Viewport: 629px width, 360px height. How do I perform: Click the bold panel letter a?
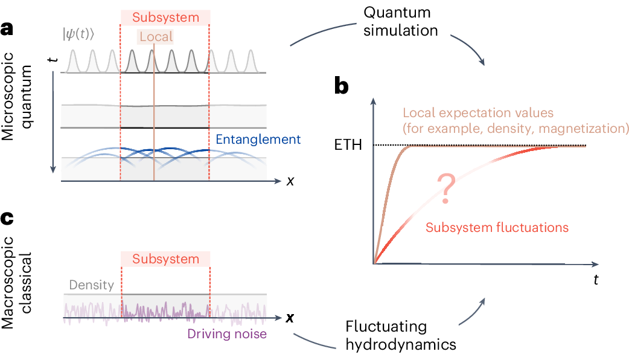click(x=8, y=28)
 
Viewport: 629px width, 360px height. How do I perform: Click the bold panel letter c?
click(x=8, y=219)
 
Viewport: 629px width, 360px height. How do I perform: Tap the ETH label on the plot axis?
click(x=350, y=146)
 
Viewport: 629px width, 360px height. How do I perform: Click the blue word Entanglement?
click(x=258, y=140)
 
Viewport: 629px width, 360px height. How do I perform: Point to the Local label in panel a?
click(x=156, y=37)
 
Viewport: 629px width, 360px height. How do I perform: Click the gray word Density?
click(x=91, y=285)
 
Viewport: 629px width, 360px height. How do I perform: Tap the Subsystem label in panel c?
click(x=165, y=259)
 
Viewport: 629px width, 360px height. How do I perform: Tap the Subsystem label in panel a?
click(x=165, y=18)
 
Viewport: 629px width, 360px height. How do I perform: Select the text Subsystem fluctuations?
click(x=497, y=228)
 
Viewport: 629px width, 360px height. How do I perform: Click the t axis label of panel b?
click(x=595, y=280)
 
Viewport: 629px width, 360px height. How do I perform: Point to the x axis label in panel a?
click(x=290, y=181)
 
